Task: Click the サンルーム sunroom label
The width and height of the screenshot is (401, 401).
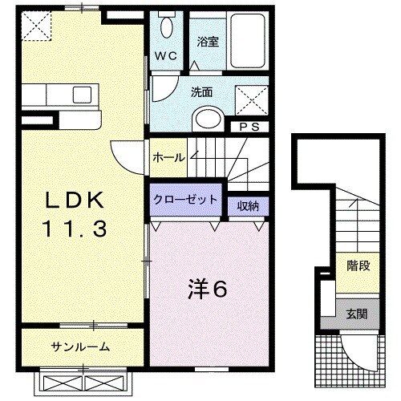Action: (81, 347)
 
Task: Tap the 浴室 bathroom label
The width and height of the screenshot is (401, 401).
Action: (208, 41)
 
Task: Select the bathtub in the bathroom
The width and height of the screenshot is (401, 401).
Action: (248, 39)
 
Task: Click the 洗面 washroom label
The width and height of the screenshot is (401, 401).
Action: (201, 91)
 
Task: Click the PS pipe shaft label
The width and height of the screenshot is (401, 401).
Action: (243, 127)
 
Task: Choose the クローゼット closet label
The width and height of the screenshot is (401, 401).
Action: (185, 200)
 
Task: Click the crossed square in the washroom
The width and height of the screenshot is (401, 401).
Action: (249, 102)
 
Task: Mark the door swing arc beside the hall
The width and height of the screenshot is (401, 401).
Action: (127, 152)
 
